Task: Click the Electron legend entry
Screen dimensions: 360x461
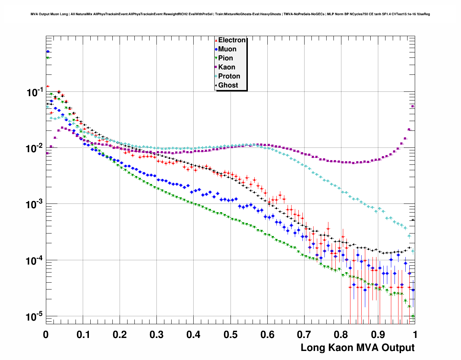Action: click(232, 40)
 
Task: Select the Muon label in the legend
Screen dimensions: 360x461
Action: click(227, 49)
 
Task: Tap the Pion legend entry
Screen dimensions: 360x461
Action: click(225, 58)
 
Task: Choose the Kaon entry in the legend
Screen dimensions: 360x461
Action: click(227, 67)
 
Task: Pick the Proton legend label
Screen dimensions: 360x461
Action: click(229, 76)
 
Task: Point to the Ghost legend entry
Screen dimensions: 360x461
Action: click(228, 85)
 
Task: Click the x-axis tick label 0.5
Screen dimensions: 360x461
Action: click(231, 335)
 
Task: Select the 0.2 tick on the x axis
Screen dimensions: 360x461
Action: click(120, 335)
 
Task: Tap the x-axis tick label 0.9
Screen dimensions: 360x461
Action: click(378, 335)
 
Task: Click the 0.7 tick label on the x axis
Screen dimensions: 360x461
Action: click(304, 335)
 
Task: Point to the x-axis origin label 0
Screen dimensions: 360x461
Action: click(46, 335)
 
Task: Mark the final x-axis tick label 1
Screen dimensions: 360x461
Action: click(415, 335)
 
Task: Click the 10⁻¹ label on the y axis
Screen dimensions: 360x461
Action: click(35, 93)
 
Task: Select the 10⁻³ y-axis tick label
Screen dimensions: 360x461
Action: click(35, 205)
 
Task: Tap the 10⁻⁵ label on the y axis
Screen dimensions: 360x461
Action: click(35, 317)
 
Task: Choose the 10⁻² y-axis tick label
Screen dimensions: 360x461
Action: click(35, 149)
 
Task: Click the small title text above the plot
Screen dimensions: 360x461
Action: click(230, 14)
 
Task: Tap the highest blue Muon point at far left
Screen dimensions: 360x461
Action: click(48, 52)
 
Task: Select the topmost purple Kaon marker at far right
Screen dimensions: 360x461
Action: click(413, 106)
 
